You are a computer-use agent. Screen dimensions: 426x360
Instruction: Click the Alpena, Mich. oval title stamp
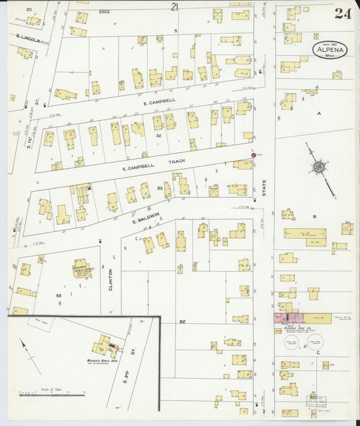[330, 49]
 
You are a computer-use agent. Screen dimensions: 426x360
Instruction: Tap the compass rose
[318, 166]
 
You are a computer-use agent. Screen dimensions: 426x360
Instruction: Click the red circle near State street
[254, 155]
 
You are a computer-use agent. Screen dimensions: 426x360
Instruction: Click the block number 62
[182, 322]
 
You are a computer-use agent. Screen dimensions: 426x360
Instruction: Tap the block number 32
[158, 136]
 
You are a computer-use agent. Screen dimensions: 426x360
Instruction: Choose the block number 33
[159, 188]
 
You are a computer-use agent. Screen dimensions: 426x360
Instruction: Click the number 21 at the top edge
[175, 7]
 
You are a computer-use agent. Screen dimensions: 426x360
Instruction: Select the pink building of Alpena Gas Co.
[289, 317]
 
